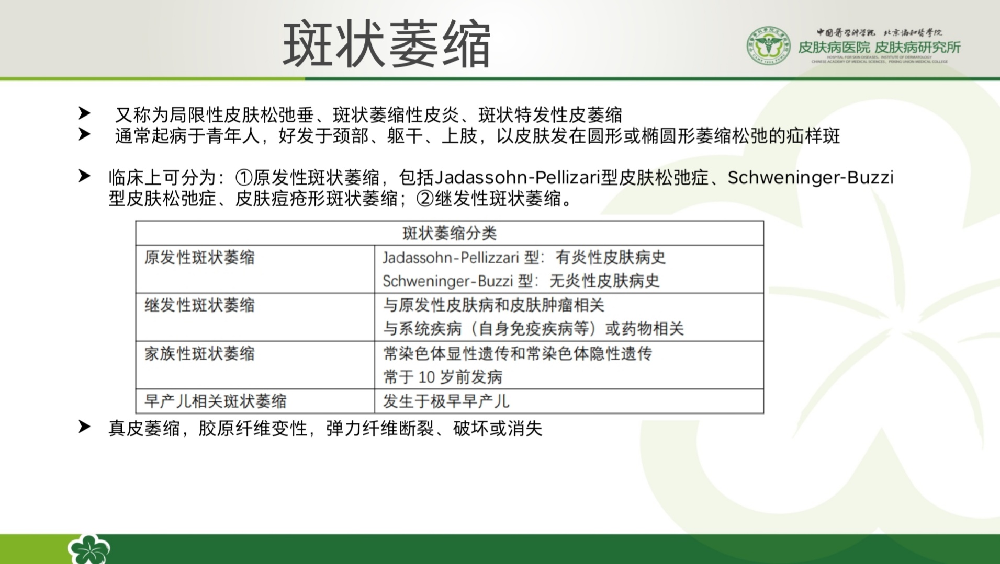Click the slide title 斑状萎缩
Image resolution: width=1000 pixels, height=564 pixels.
pos(386,44)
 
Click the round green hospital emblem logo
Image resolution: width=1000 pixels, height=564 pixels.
pos(768,45)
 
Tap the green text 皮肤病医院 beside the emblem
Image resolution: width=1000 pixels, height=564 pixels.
pos(834,48)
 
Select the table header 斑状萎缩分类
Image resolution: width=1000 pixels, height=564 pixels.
pos(450,233)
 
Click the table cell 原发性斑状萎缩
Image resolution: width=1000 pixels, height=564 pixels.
pos(199,257)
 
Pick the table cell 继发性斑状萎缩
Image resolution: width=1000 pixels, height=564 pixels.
pos(199,305)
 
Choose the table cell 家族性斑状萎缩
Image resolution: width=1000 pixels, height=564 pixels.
pos(199,353)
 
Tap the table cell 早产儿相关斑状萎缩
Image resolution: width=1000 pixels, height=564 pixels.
pos(215,401)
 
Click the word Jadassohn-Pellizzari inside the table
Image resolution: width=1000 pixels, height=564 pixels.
pos(451,257)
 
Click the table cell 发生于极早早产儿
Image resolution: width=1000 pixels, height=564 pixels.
pos(446,401)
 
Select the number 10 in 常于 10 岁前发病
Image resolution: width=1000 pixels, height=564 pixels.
pos(426,377)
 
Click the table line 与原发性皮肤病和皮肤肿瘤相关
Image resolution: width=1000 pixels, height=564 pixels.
pos(493,305)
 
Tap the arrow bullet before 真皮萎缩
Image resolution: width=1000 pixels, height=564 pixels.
pos(84,427)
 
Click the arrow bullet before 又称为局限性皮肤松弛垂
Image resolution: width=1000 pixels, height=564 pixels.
pos(84,113)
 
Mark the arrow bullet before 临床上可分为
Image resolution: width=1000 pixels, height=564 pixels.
pos(84,176)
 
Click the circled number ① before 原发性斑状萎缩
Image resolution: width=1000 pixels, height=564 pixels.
pos(244,178)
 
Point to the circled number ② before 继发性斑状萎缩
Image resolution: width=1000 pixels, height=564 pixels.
pos(425,199)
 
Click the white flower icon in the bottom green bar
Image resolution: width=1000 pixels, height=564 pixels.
pos(89,549)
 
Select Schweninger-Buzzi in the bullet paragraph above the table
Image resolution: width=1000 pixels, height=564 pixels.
pos(811,178)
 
